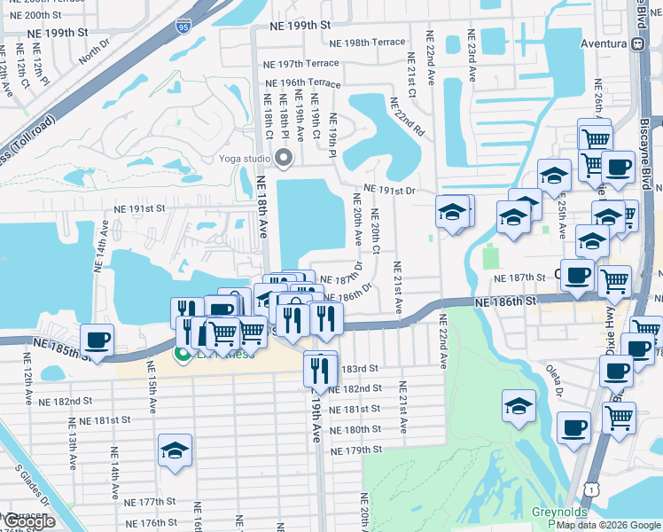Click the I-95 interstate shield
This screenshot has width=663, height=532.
pos(182,26)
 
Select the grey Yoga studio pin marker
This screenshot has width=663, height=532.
pos(284,159)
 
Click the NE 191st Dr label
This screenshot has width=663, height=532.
pos(390,190)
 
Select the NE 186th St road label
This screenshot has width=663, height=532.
pos(505,302)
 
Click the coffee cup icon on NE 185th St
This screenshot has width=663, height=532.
pos(97,340)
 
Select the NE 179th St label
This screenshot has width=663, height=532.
pos(357,450)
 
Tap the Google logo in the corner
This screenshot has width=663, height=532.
pos(30,522)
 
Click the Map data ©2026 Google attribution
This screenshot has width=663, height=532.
pos(608,525)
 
